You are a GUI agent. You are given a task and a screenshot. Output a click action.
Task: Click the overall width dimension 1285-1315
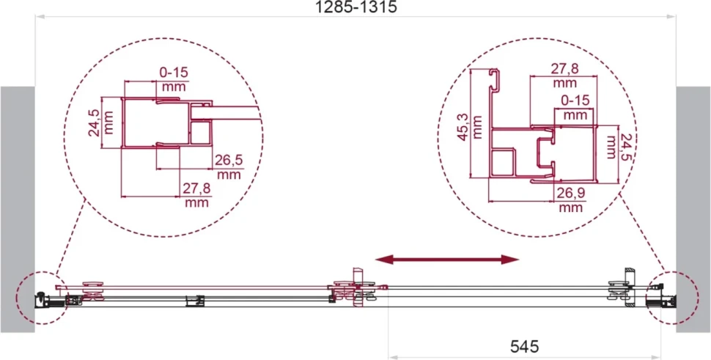355,7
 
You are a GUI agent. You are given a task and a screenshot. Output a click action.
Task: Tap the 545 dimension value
525,347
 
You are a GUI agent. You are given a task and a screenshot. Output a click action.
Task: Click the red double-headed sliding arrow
446,260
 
